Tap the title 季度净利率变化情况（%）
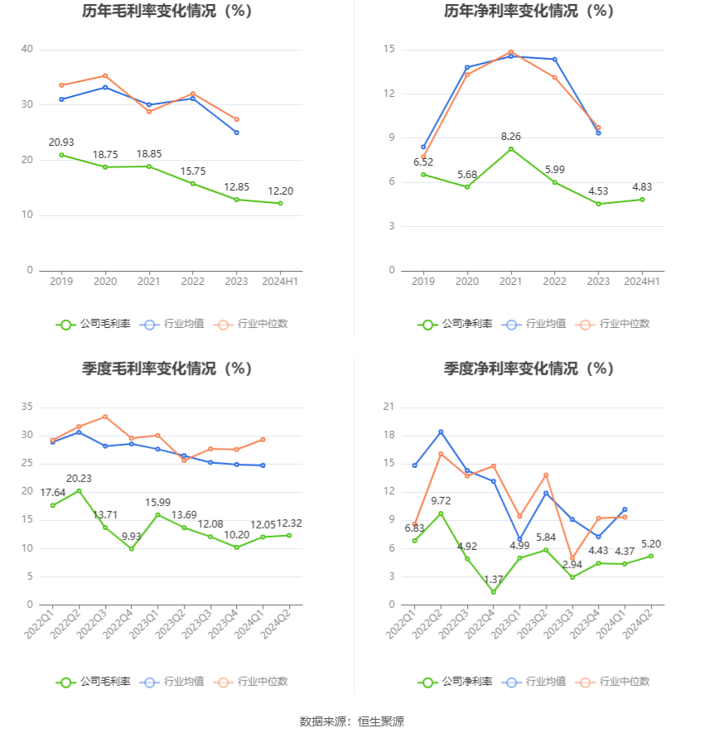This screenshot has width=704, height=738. [x=528, y=369]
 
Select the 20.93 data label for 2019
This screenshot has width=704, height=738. [x=61, y=142]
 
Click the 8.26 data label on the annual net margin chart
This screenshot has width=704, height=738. [x=511, y=136]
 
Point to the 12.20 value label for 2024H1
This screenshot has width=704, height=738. [x=280, y=191]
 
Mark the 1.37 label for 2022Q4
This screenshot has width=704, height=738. [x=493, y=579]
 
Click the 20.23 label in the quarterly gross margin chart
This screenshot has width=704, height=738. [x=80, y=478]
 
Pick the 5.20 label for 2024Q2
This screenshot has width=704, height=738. [x=651, y=543]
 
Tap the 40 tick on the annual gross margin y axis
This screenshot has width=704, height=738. [x=27, y=50]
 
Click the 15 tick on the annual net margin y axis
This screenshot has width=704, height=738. [x=389, y=50]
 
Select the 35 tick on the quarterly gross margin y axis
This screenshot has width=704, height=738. [x=27, y=407]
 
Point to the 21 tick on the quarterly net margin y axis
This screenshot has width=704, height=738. [x=389, y=407]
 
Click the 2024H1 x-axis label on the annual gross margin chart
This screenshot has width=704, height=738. [x=280, y=282]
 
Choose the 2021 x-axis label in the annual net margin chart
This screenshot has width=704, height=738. [x=511, y=282]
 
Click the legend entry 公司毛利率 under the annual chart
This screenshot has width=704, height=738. [x=94, y=324]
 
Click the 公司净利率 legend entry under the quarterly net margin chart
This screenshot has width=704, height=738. [x=456, y=682]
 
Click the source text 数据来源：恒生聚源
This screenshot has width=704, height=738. [x=351, y=721]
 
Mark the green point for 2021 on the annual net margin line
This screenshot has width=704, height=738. [x=511, y=149]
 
